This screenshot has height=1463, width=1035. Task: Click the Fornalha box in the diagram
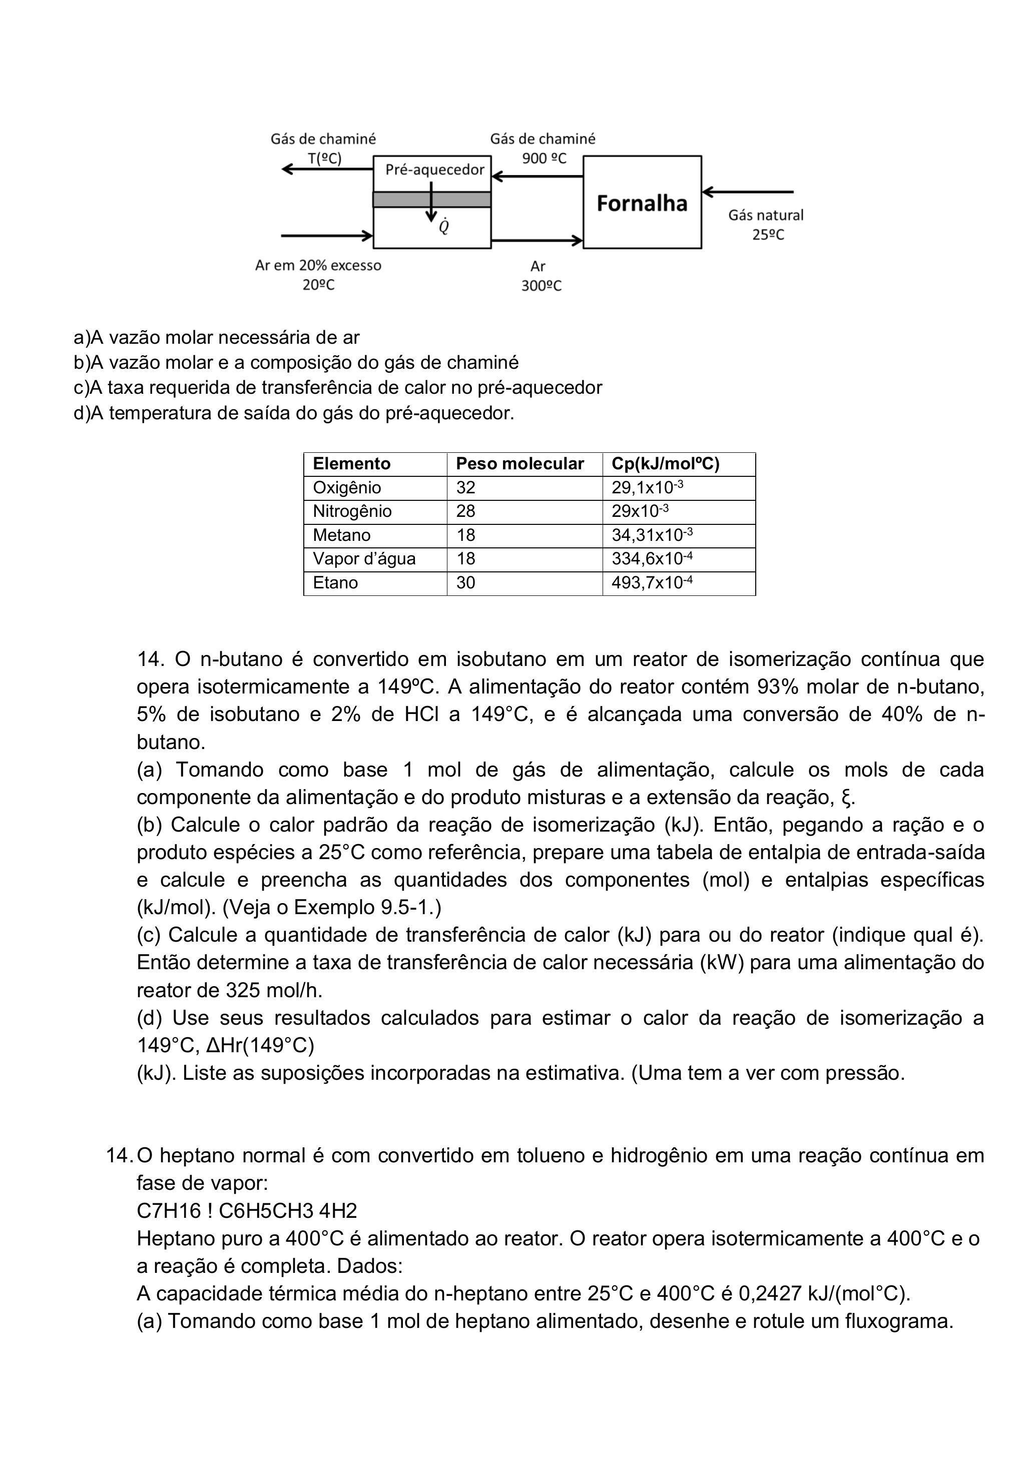point(642,203)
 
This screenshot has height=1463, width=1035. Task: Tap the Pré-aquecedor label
point(434,170)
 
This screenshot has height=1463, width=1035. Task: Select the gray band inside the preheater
point(431,200)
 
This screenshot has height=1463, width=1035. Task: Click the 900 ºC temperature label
point(544,159)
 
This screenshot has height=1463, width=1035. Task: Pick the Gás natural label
point(766,215)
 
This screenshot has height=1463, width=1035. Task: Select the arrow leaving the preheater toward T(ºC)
point(327,169)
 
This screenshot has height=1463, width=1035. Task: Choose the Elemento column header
point(351,464)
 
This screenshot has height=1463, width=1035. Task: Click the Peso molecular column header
point(520,464)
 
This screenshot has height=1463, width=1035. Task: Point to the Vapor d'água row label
point(364,559)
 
